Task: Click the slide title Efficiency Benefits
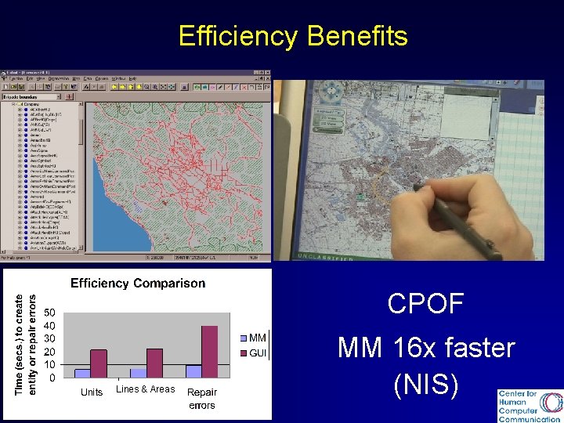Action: click(x=293, y=36)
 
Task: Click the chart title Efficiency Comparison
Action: click(x=138, y=284)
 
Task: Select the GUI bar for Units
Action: click(x=99, y=363)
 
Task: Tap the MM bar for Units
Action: click(x=82, y=373)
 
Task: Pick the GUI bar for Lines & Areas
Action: click(x=154, y=363)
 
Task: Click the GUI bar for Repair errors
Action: click(x=209, y=352)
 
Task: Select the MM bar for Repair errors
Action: click(x=193, y=371)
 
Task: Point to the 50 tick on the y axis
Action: click(x=49, y=312)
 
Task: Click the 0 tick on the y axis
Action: click(x=52, y=378)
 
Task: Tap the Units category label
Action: click(x=92, y=392)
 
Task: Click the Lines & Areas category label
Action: click(x=146, y=389)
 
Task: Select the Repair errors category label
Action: click(x=202, y=398)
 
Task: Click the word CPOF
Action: click(x=426, y=305)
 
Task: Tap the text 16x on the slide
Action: click(x=427, y=347)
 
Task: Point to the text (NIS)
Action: click(x=426, y=384)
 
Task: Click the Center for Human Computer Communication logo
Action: click(x=530, y=406)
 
